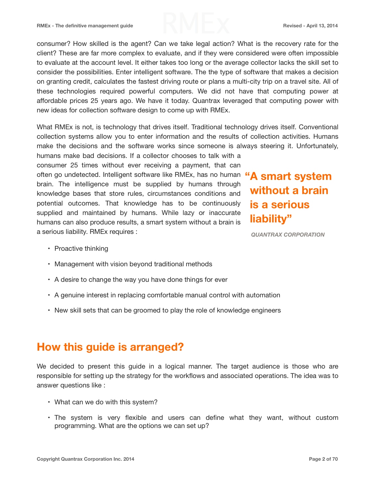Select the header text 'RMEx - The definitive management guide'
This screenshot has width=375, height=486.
coord(85,26)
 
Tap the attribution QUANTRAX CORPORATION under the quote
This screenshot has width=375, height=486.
coord(288,235)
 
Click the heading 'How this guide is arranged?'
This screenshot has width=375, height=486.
coord(110,347)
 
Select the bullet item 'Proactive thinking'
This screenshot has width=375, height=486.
coord(81,248)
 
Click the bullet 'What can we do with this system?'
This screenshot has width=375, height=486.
coord(106,402)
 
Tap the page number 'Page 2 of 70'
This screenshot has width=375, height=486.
coord(323,459)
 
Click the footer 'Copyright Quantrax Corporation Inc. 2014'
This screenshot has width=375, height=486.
coord(85,459)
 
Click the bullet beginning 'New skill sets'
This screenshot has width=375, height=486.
coord(167,310)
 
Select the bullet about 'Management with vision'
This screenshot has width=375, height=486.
coord(133,264)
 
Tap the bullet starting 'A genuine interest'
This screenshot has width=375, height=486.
coord(167,295)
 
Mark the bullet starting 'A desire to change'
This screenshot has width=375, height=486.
coord(141,279)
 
